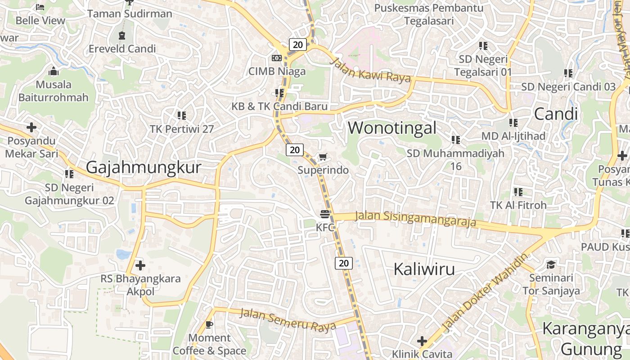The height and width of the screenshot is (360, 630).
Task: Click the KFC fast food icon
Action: [x=325, y=213]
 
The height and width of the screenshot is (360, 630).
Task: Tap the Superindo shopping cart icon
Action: [x=323, y=157]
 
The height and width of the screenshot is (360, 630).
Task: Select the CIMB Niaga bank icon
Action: [x=277, y=58]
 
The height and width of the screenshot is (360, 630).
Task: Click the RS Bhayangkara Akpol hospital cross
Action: [x=140, y=265]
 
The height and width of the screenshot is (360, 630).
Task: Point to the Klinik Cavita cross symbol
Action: [x=422, y=341]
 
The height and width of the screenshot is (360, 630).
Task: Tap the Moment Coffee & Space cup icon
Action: [x=209, y=324]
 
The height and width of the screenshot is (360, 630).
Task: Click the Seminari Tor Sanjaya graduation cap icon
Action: [x=551, y=264]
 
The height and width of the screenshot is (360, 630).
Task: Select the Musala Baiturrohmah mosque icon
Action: [x=54, y=71]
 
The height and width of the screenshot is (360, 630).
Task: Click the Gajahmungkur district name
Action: [x=143, y=167]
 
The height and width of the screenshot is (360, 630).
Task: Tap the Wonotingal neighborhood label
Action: [x=392, y=128]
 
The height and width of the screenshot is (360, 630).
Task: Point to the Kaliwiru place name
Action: [x=424, y=269]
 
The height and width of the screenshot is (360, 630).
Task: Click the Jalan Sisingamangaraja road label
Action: [x=415, y=219]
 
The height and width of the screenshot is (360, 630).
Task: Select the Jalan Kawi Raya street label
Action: [x=371, y=70]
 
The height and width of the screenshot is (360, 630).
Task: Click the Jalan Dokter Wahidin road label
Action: [x=484, y=292]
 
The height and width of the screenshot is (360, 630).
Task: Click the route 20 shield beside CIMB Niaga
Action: [x=297, y=44]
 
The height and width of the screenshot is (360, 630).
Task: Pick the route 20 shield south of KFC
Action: [x=343, y=263]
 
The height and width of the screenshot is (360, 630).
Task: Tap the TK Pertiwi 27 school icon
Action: [x=182, y=116]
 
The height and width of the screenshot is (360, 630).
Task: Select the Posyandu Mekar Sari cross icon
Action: [x=31, y=127]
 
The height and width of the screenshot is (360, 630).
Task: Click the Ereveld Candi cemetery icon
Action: [x=122, y=35]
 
